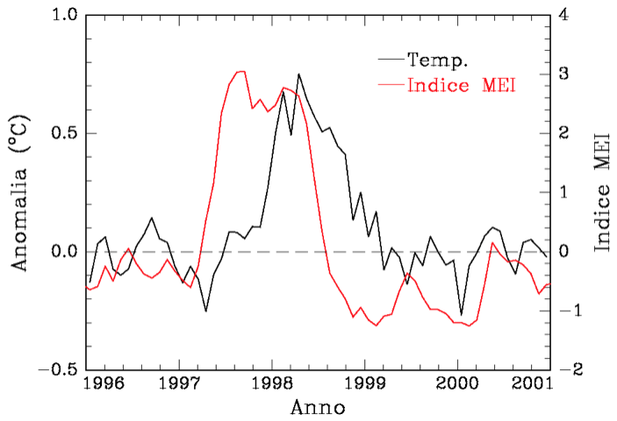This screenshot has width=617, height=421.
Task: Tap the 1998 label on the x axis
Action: point(272,385)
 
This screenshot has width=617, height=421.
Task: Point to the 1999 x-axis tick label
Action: point(364,385)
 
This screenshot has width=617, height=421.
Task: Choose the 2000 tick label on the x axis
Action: point(456,385)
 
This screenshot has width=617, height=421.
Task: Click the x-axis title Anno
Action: point(319,407)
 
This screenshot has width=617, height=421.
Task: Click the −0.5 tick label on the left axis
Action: point(54,370)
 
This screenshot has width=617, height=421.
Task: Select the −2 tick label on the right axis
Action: point(569,370)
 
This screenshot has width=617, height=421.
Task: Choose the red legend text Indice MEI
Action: point(461,85)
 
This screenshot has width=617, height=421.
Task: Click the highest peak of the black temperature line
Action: point(298,75)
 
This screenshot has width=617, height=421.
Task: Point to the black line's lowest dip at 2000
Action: point(461,314)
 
